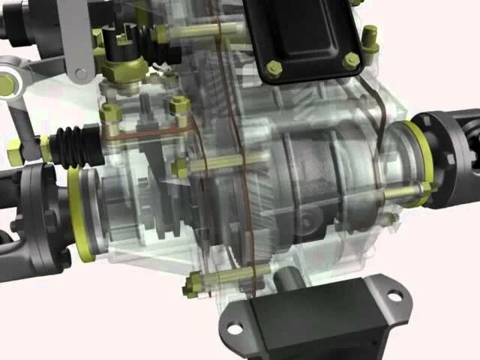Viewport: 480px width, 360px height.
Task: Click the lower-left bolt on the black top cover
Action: point(274,69)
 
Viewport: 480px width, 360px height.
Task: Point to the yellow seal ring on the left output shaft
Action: point(78,214)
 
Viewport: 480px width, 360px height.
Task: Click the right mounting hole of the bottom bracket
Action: point(394,296)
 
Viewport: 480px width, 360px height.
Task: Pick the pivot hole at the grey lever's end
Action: point(81,73)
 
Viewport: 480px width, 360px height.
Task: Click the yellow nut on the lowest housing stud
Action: point(192,285)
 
